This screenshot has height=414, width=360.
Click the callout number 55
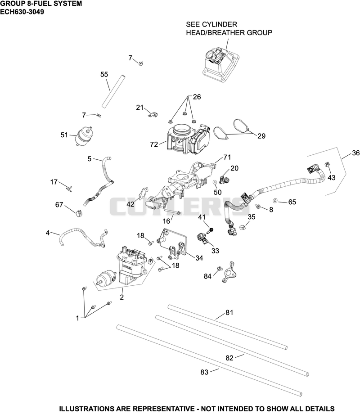(104, 74)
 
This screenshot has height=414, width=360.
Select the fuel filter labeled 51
(83, 135)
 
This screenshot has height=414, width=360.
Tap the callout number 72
(154, 144)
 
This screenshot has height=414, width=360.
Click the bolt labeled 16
(173, 212)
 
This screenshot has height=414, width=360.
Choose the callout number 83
(204, 372)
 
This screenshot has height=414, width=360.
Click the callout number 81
(229, 313)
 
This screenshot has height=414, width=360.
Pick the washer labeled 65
(275, 201)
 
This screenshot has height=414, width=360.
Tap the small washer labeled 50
(215, 182)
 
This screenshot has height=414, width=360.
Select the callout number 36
(356, 153)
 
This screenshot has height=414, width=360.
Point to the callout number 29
(261, 136)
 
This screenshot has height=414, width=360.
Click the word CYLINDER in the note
(219, 24)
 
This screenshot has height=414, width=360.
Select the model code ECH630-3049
(22, 12)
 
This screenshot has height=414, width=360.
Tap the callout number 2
(121, 297)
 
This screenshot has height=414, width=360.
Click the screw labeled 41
(211, 230)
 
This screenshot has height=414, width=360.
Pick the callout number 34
(199, 258)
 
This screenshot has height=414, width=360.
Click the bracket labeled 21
(153, 114)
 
